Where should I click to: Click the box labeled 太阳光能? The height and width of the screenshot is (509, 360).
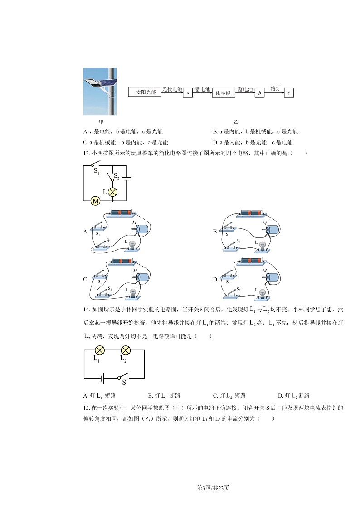(x=146, y=92)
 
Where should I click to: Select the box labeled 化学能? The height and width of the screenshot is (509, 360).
(x=223, y=93)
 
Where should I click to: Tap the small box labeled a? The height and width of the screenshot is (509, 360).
(x=188, y=93)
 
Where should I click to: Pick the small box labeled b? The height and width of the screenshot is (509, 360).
(x=260, y=93)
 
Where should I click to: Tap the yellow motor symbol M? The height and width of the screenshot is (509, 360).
(x=96, y=200)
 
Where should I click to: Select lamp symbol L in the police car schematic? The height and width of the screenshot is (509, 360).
(x=112, y=192)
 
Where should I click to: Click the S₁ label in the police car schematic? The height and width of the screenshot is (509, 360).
(x=96, y=171)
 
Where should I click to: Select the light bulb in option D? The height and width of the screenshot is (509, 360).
(x=262, y=293)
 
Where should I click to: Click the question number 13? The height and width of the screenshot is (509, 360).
(x=87, y=153)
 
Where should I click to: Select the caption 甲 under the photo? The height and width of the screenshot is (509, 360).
(x=101, y=121)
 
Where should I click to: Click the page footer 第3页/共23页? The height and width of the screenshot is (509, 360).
(x=213, y=488)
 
